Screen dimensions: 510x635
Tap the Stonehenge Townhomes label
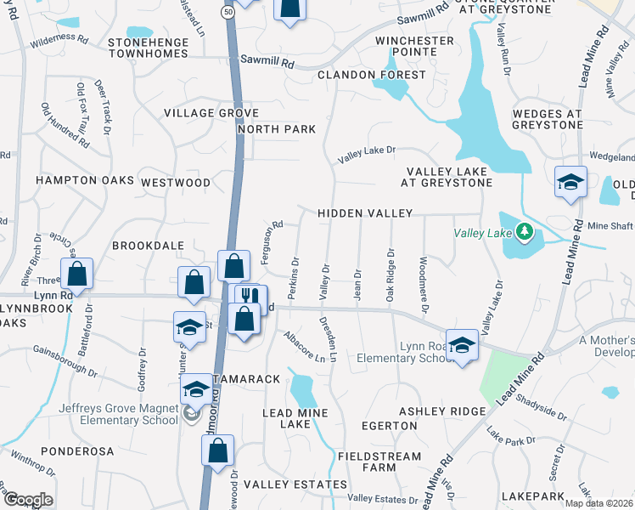[x=158, y=47]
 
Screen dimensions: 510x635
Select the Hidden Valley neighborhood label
[x=365, y=213]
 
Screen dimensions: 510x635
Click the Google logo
[x=27, y=499]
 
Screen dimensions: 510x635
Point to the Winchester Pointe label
[x=414, y=47]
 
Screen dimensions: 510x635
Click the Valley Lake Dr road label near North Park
[x=367, y=154]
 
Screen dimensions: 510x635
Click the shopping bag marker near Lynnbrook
[x=76, y=274]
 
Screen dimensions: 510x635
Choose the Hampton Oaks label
[x=84, y=180]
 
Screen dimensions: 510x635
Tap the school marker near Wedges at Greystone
[x=570, y=182]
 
